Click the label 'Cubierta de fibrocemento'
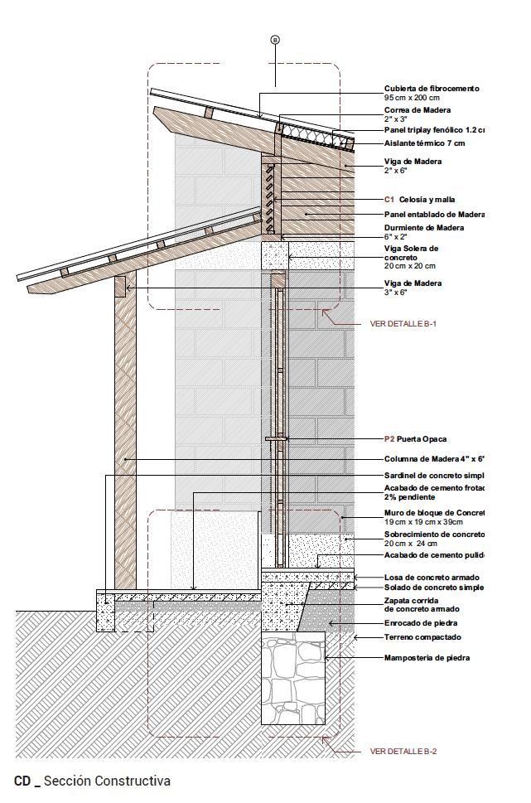click(x=431, y=89)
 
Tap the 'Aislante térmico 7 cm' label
click(x=424, y=143)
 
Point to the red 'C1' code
click(x=389, y=200)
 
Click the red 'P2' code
click(x=389, y=439)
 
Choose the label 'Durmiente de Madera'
click(x=423, y=228)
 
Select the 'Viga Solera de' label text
click(x=411, y=248)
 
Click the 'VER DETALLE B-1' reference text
click(x=403, y=324)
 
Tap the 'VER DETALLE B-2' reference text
click(x=403, y=752)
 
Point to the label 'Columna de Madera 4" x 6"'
click(x=433, y=459)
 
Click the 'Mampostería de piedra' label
click(x=427, y=658)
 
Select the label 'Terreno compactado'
click(x=422, y=637)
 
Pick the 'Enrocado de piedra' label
click(x=420, y=623)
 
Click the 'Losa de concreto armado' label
click(x=431, y=578)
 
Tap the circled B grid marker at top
click(x=275, y=39)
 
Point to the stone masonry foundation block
click(x=293, y=679)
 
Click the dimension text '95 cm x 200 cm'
click(x=412, y=98)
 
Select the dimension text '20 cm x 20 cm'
click(x=409, y=266)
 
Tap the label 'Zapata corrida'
click(x=411, y=600)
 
